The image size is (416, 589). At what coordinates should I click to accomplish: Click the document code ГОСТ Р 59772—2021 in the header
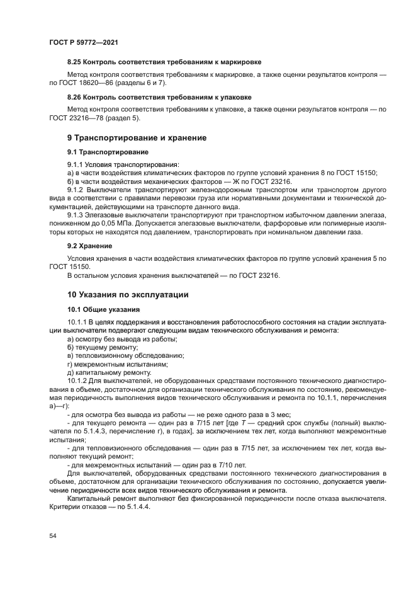pyautogui.click(x=83, y=42)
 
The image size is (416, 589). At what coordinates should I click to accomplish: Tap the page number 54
pyautogui.click(x=53, y=535)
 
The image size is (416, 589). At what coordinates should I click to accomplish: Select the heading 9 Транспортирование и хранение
pyautogui.click(x=137, y=137)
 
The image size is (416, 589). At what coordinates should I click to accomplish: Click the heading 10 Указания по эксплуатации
pyautogui.click(x=128, y=294)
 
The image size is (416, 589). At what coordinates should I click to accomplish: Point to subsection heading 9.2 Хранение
pyautogui.click(x=90, y=246)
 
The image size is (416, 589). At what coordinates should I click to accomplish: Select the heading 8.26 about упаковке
pyautogui.click(x=159, y=97)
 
